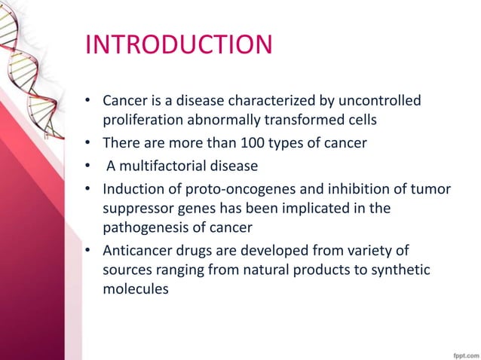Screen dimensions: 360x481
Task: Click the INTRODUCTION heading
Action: [x=179, y=45]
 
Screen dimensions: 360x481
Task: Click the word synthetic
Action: [x=403, y=269]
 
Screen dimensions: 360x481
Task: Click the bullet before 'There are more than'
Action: [x=89, y=142]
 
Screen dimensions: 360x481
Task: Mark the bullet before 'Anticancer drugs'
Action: [x=89, y=249]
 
